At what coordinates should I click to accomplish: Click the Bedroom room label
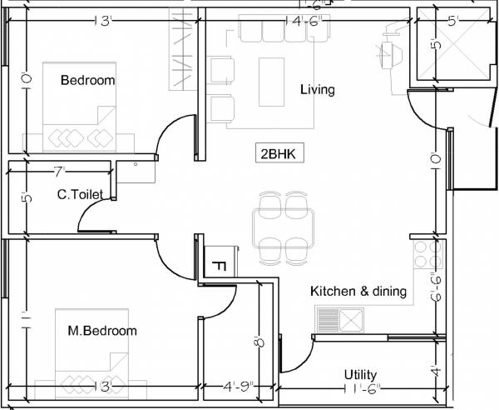pos(87,80)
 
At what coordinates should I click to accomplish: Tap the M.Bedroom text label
pos(101,331)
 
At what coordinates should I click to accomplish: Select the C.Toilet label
pos(80,195)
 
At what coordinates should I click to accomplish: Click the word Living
pos(317,90)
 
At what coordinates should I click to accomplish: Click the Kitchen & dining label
pos(358,292)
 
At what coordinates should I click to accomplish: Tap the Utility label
pos(360,375)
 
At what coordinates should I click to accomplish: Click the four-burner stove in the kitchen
pos(427,259)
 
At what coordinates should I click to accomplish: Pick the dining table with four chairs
pos(284,224)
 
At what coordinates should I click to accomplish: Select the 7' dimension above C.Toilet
pos(58,172)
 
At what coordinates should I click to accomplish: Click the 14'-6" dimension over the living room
pos(304,20)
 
